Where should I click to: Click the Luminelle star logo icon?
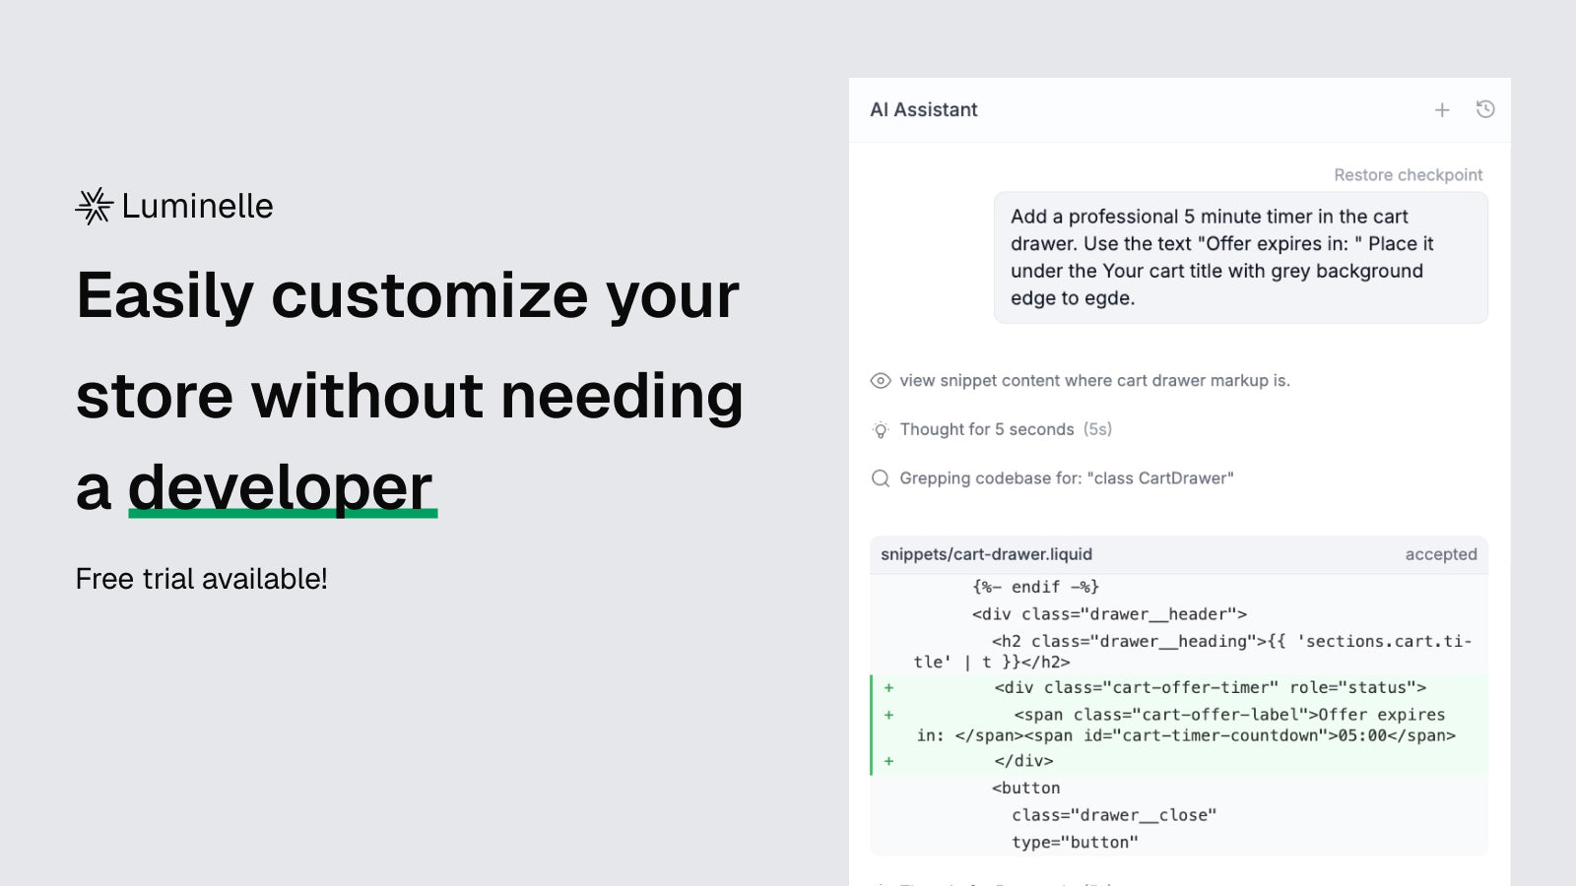click(95, 206)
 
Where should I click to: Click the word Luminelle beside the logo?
click(197, 206)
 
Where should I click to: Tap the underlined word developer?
click(281, 488)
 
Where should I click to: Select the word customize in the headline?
click(429, 295)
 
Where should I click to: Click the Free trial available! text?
click(201, 579)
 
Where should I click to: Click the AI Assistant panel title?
click(924, 109)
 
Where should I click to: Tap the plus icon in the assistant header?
click(1442, 110)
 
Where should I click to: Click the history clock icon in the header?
click(1485, 109)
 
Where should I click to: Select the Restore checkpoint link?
click(1408, 175)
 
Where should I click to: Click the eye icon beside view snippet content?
click(881, 380)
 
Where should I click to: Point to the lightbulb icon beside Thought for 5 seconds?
click(881, 429)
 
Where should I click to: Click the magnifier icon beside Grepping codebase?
click(881, 478)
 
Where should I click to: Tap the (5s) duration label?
click(1097, 429)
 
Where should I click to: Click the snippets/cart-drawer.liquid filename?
click(986, 554)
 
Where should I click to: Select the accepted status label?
click(1441, 554)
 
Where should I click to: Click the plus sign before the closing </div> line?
click(889, 761)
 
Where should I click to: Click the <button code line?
click(1025, 788)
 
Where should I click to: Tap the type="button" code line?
click(1075, 843)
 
